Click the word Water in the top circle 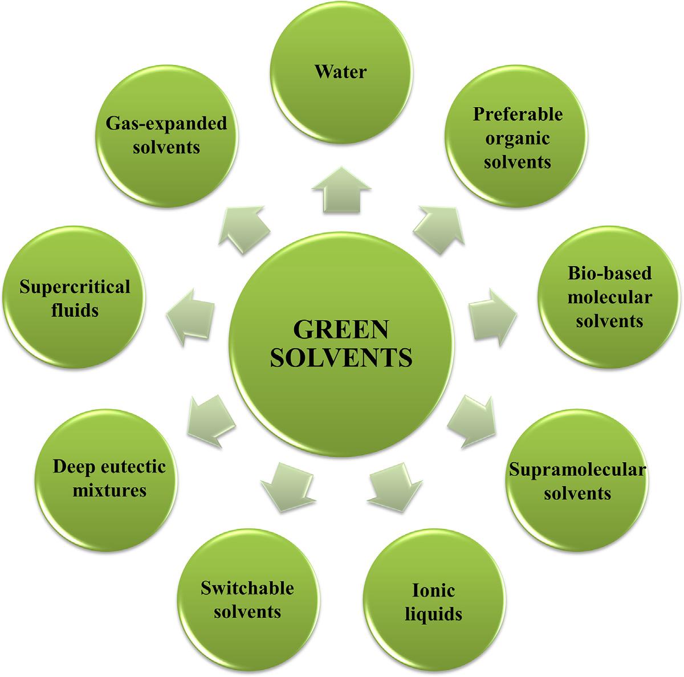[x=341, y=72]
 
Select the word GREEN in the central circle [x=340, y=330]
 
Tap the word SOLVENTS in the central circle [x=340, y=358]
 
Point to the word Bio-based [x=609, y=273]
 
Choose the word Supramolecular [x=577, y=470]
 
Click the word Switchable [x=247, y=588]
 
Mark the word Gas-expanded [x=165, y=123]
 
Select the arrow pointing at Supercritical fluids [x=191, y=316]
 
